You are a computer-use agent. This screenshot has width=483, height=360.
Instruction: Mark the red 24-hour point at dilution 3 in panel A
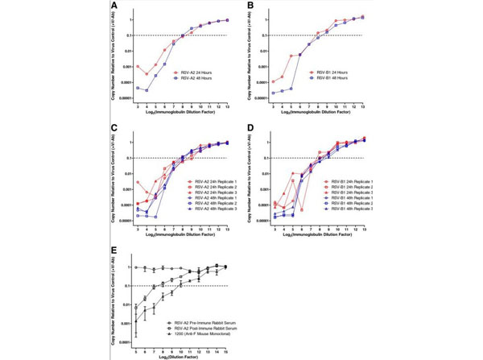click(x=138, y=67)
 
